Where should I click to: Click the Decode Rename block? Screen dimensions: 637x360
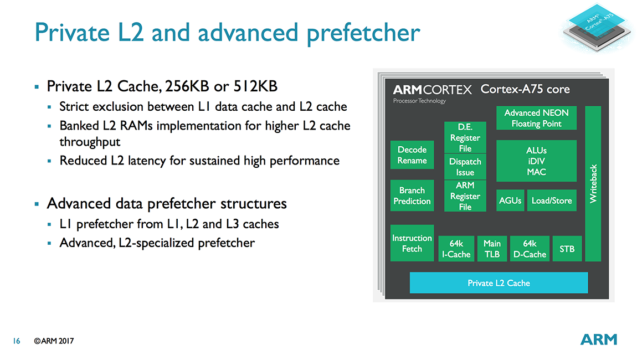point(412,155)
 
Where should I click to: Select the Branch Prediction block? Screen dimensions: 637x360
point(412,196)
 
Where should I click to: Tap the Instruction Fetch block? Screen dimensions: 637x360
point(412,243)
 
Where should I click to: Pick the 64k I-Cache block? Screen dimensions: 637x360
point(456,249)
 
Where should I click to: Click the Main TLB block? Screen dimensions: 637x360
point(492,249)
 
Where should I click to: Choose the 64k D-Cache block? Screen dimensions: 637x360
point(530,249)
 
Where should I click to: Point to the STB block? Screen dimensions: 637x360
point(567,249)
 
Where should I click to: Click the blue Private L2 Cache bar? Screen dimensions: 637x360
point(499,283)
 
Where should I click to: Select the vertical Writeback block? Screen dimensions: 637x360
point(593,184)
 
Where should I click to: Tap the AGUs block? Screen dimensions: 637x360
point(510,200)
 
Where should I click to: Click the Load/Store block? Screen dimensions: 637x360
point(552,200)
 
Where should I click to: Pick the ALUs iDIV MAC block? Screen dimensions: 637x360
point(536,161)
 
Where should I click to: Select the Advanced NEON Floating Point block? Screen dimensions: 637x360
point(536,118)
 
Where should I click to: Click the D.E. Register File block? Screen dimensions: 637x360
point(465,137)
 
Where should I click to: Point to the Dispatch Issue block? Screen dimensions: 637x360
point(465,167)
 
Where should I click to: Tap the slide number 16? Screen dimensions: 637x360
point(17,341)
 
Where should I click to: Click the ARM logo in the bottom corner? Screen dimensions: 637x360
point(599,340)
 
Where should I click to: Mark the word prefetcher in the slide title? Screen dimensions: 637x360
point(363,33)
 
